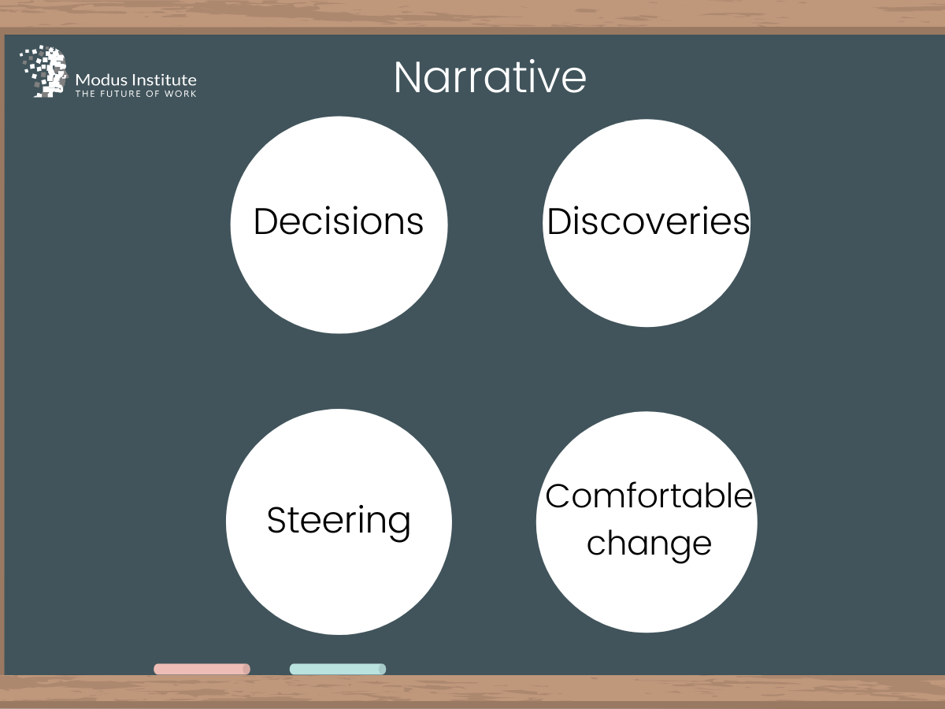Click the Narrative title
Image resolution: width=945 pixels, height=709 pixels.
[x=490, y=77]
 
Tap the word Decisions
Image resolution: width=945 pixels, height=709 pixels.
[x=339, y=221]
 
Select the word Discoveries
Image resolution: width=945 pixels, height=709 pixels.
[x=648, y=221]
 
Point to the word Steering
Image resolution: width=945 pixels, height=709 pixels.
[x=339, y=522]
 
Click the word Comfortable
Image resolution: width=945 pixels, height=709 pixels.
[x=649, y=496]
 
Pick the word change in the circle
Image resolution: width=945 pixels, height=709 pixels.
[x=649, y=544]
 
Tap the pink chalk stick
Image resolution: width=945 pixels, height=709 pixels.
[x=202, y=669]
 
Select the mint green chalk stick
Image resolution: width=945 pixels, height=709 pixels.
[x=338, y=669]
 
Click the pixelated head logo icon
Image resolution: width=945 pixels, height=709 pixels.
[x=44, y=72]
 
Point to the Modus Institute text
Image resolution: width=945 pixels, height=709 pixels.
[x=135, y=80]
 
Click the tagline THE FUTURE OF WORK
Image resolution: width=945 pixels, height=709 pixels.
[x=135, y=94]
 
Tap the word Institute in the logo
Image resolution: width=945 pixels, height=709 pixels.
[x=164, y=80]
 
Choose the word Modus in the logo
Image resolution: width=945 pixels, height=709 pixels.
[x=102, y=80]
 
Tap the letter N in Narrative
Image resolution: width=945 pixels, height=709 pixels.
[x=407, y=77]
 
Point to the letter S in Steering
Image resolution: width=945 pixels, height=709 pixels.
[x=277, y=520]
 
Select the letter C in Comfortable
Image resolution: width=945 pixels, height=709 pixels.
[x=558, y=496]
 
